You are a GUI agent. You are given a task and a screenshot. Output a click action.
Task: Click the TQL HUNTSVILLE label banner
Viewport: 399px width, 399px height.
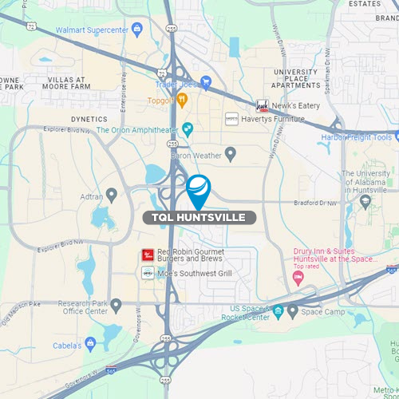pyautogui.click(x=199, y=217)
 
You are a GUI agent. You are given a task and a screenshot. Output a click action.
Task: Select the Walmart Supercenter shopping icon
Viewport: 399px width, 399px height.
pyautogui.click(x=137, y=30)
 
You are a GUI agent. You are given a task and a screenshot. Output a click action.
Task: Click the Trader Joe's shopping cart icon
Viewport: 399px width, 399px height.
pyautogui.click(x=205, y=81)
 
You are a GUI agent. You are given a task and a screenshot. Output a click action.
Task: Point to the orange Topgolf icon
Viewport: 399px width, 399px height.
pyautogui.click(x=182, y=101)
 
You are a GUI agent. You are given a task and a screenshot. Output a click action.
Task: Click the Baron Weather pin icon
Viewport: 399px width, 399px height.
pyautogui.click(x=231, y=154)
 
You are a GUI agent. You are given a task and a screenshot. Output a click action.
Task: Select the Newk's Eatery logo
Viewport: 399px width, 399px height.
pyautogui.click(x=261, y=105)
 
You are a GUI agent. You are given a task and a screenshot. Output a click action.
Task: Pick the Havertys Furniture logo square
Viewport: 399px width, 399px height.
pyautogui.click(x=231, y=119)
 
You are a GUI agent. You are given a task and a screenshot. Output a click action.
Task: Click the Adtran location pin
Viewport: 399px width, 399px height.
pyautogui.click(x=112, y=194)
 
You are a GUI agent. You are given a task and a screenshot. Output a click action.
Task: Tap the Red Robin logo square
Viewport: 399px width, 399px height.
pyautogui.click(x=147, y=255)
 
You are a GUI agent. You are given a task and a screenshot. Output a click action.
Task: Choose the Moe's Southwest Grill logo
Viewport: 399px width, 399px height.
pyautogui.click(x=147, y=273)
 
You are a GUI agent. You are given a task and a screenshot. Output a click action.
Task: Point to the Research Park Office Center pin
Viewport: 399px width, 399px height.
pyautogui.click(x=117, y=304)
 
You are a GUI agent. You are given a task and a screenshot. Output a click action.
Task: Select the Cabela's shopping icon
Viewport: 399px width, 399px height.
pyautogui.click(x=90, y=344)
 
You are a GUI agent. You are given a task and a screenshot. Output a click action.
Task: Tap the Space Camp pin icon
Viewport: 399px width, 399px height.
pyautogui.click(x=293, y=310)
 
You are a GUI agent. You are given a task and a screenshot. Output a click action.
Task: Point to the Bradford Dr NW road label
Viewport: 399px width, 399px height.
pyautogui.click(x=335, y=203)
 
